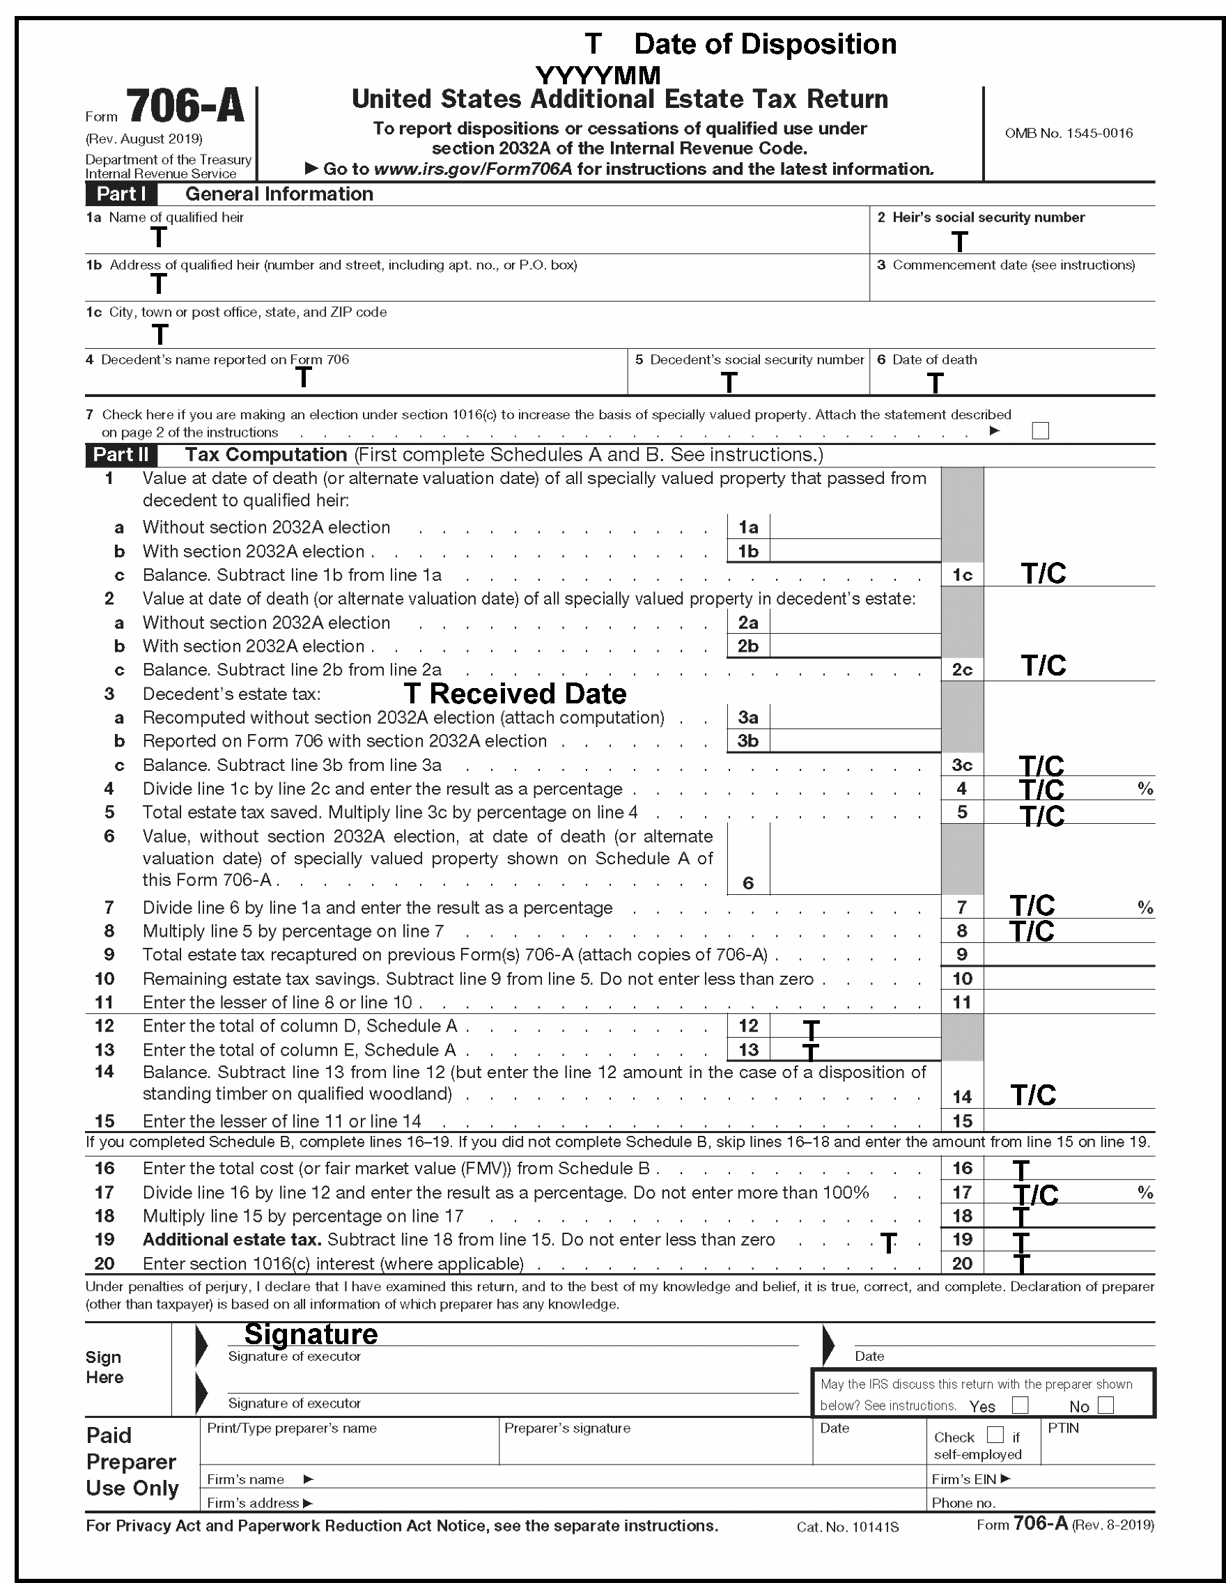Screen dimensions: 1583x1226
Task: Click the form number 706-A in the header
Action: point(185,106)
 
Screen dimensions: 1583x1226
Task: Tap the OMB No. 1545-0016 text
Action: point(1068,133)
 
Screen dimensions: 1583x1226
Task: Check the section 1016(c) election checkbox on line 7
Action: point(1040,430)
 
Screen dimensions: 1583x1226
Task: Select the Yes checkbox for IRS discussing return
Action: point(1019,1405)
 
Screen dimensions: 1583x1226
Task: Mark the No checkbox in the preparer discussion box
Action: point(1105,1405)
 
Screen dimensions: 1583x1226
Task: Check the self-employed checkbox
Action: point(995,1435)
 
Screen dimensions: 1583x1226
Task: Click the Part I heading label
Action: point(121,194)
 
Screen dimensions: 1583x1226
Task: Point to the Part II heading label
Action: point(121,455)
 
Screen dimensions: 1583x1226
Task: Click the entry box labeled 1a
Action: point(855,527)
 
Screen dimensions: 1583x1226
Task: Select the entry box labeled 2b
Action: point(855,646)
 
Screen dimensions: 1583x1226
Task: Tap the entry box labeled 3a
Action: point(855,717)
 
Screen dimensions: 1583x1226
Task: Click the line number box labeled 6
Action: point(747,883)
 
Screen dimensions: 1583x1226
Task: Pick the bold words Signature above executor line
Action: point(311,1334)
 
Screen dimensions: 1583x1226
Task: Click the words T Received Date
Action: point(515,694)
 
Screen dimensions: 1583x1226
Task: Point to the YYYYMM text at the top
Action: point(598,75)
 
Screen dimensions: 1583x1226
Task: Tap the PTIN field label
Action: point(1063,1428)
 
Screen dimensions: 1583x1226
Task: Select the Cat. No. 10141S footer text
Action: point(847,1527)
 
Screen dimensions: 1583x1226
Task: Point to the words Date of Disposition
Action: point(765,44)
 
